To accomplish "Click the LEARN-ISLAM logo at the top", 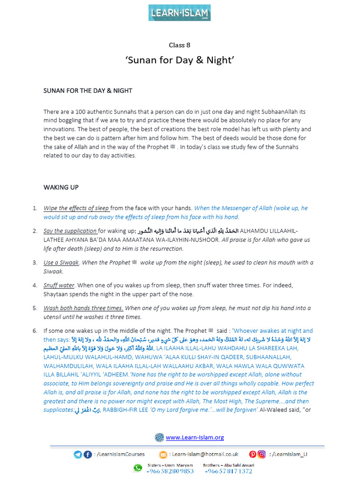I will [180, 13].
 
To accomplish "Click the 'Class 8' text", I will [180, 45].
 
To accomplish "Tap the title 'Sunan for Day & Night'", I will [180, 60].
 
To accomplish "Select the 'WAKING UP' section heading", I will [61, 187].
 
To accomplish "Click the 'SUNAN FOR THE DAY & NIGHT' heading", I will [88, 90].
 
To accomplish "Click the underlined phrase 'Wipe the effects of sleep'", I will [76, 208].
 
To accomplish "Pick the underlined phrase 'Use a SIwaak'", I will [61, 262].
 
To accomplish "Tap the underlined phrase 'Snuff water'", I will [59, 285].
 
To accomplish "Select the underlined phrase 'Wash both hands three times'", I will [83, 308].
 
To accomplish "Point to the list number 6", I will [35, 331].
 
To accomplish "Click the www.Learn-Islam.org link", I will [195, 437].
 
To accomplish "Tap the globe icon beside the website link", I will [159, 437].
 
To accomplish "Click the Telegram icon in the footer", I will [77, 454].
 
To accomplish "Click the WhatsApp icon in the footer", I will [137, 468].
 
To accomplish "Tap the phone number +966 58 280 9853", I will [170, 471].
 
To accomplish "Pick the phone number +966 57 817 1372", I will [228, 471].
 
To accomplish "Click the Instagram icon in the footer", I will [262, 454].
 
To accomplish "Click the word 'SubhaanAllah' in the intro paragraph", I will [278, 112].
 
